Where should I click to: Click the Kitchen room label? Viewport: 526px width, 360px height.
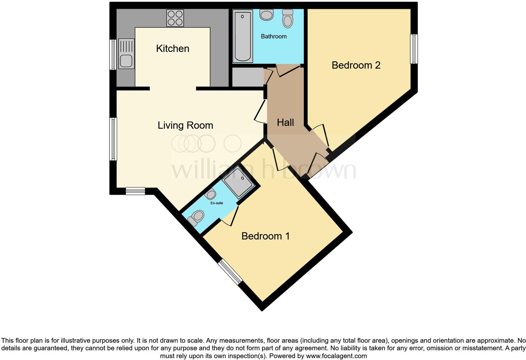[x=173, y=48]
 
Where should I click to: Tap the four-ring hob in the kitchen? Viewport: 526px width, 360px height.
[x=175, y=18]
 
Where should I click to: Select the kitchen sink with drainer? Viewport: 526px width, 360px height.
[x=126, y=54]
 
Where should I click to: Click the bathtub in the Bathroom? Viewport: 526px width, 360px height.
[x=243, y=36]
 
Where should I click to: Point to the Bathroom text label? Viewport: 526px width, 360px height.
[x=274, y=37]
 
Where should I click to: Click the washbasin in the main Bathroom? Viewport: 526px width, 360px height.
[x=266, y=14]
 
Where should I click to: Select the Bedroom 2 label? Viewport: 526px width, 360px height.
[x=356, y=65]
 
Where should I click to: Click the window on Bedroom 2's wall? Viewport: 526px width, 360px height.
[x=414, y=49]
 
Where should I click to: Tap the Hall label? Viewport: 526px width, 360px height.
[x=285, y=122]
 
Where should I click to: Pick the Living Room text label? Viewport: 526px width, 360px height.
[x=185, y=125]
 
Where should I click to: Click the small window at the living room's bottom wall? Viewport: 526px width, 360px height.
[x=135, y=191]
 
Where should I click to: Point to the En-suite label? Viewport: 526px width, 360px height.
[x=217, y=203]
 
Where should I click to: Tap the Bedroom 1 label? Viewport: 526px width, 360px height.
[x=266, y=236]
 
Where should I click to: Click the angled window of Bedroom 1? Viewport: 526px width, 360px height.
[x=230, y=272]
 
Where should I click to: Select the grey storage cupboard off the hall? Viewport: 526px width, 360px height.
[x=248, y=77]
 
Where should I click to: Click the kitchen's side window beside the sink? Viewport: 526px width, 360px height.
[x=113, y=54]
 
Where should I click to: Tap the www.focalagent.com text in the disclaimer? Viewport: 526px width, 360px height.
[x=336, y=356]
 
